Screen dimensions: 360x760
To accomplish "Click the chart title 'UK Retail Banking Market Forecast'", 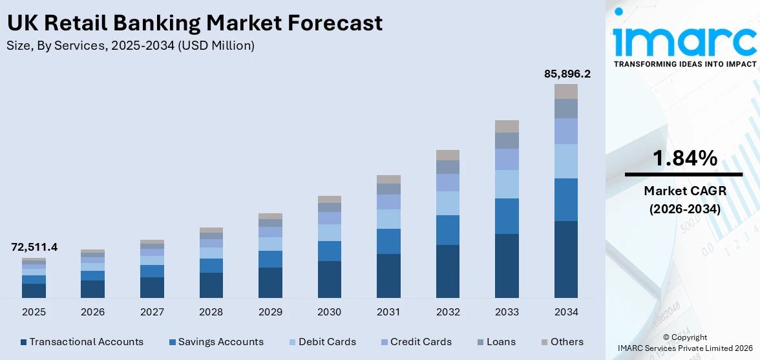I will click(x=195, y=23).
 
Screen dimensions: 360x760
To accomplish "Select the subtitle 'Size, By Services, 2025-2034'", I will click(x=130, y=45).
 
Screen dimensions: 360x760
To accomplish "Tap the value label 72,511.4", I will click(x=34, y=247).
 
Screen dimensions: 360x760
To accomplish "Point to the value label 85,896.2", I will click(x=567, y=74).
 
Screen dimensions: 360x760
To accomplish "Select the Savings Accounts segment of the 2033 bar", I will click(x=507, y=216).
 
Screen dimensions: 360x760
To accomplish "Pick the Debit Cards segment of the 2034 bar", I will click(x=566, y=161).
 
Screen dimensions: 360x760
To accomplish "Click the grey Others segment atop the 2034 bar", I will click(x=566, y=91).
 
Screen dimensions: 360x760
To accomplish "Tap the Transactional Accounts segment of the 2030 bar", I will click(x=330, y=279).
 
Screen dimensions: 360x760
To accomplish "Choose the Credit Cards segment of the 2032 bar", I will click(x=448, y=182).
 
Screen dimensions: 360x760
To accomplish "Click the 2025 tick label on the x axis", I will click(x=34, y=312).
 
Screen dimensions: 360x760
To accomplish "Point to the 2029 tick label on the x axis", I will click(x=270, y=312).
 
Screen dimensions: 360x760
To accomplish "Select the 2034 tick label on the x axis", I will click(x=566, y=312).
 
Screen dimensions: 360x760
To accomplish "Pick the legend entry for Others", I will click(x=562, y=342).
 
